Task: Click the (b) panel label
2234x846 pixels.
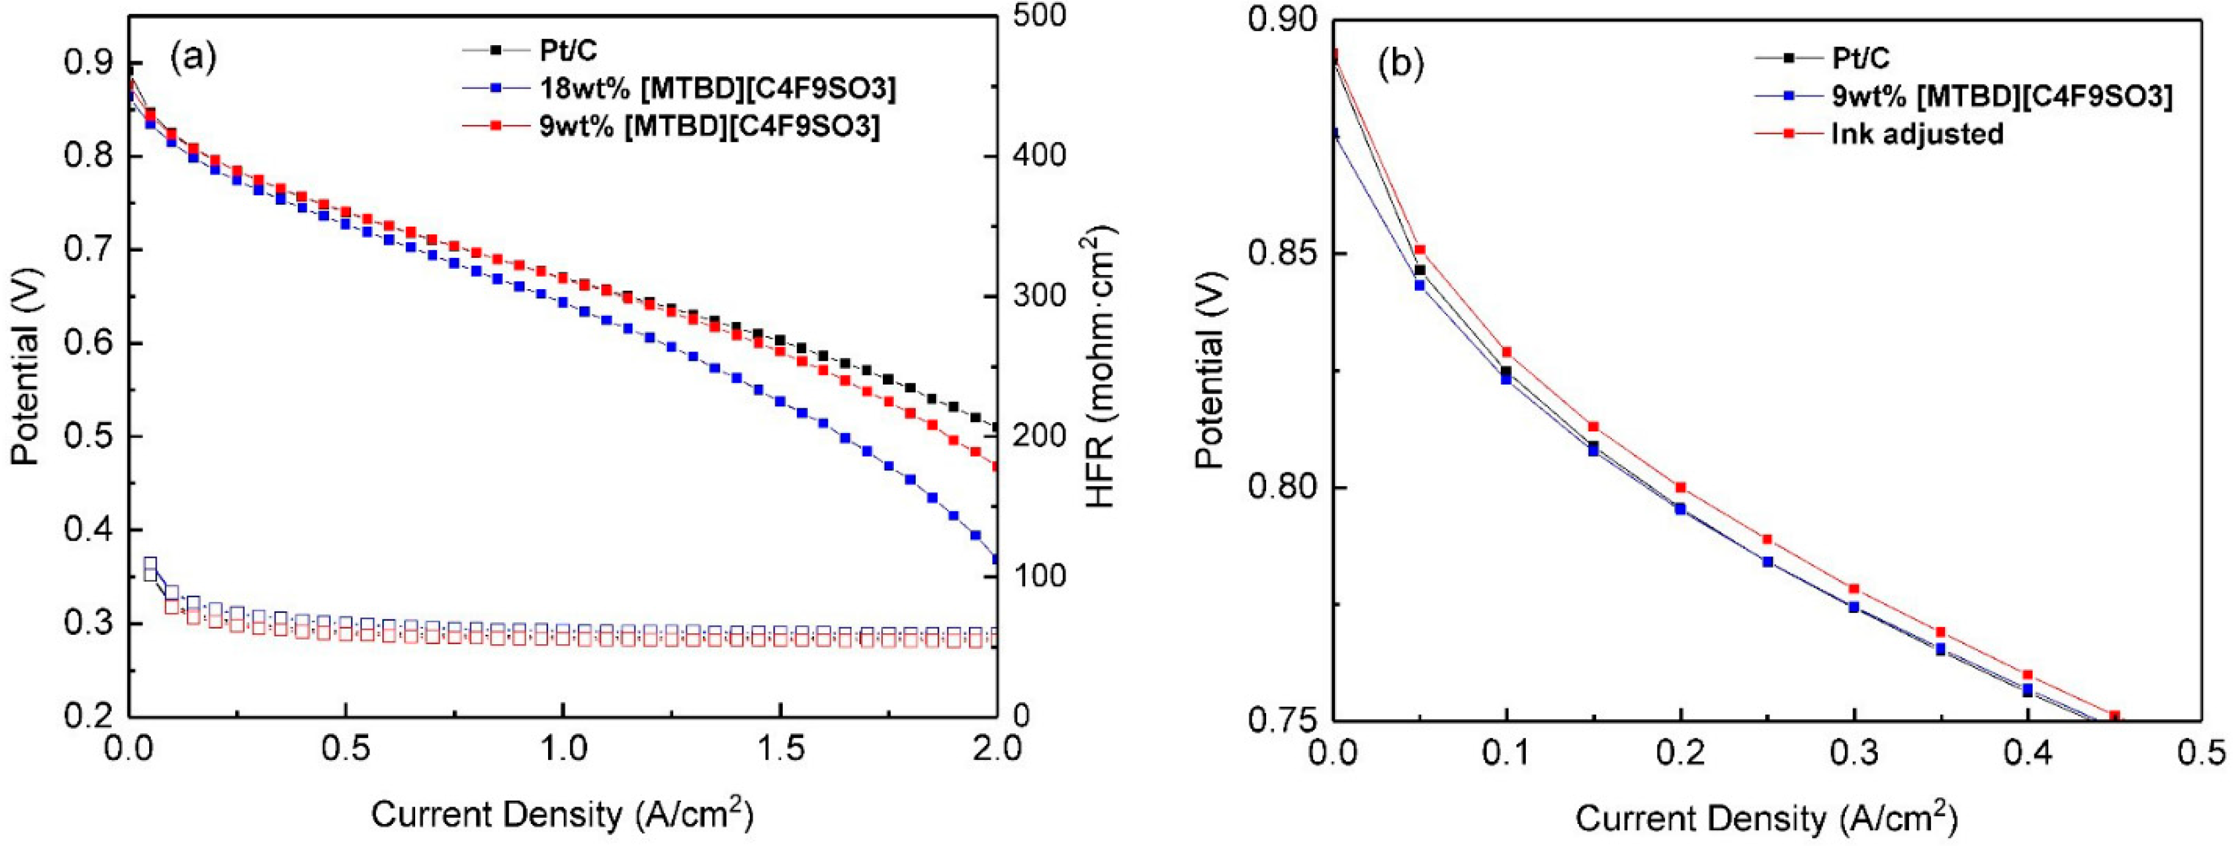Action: pos(1400,65)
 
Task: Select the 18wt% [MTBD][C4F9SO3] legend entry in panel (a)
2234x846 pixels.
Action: pos(716,88)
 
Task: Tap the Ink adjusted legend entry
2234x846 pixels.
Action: pos(1917,134)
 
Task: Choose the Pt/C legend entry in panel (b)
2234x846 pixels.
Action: pos(1861,58)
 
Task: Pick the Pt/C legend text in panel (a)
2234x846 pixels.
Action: pos(568,50)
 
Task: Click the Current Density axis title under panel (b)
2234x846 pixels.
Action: pos(1766,817)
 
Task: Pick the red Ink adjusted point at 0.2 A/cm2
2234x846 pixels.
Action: pos(1681,487)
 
